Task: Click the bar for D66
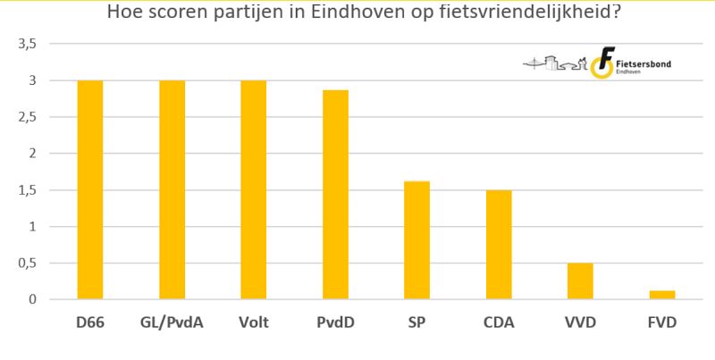(90, 189)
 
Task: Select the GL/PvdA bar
(172, 189)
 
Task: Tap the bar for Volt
(253, 189)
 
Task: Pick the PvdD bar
(335, 195)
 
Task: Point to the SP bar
(416, 240)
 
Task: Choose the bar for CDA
(499, 245)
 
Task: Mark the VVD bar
(580, 281)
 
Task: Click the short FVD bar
(662, 295)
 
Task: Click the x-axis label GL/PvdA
(172, 322)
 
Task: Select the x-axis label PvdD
(335, 322)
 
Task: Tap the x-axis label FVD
(662, 322)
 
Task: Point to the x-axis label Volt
(253, 322)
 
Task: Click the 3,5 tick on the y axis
(28, 44)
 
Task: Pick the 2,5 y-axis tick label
(28, 117)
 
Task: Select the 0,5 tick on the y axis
(28, 263)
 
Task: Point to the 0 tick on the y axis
(32, 299)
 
